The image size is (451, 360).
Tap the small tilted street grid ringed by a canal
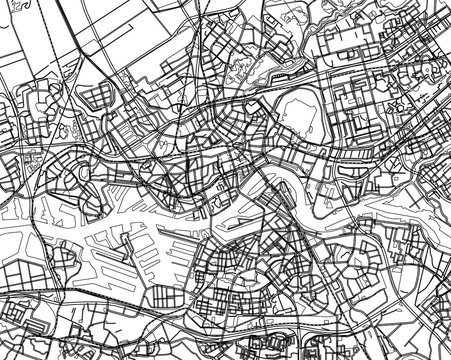tap(97, 97)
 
